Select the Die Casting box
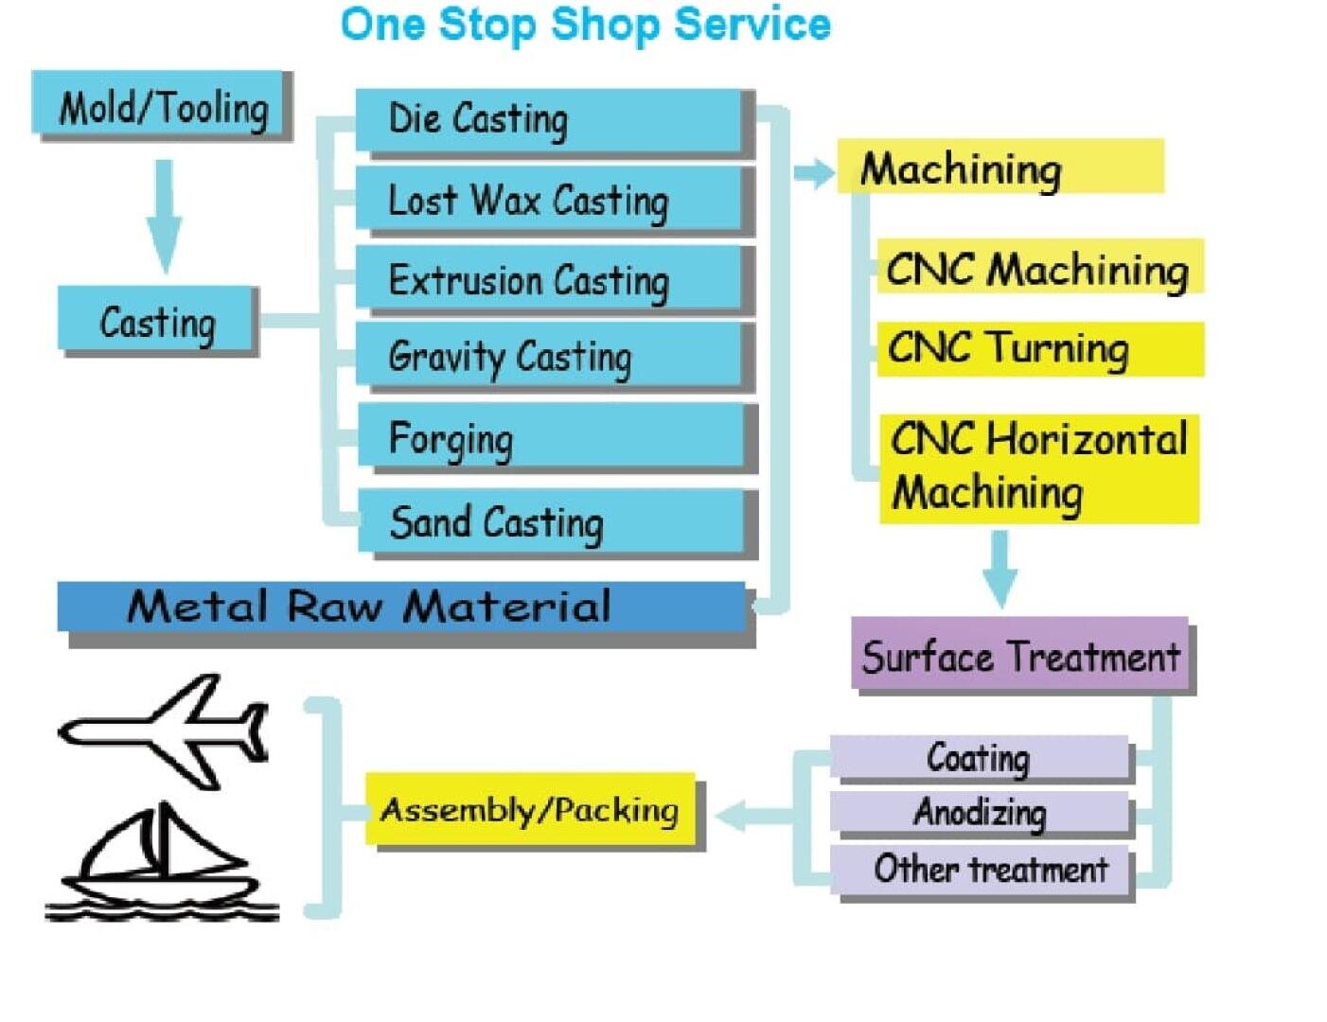(549, 119)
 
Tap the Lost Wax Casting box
(549, 200)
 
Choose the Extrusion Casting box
(549, 279)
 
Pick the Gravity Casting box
(549, 357)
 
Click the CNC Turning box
(1039, 348)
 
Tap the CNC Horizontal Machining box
(1038, 467)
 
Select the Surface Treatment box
(1019, 655)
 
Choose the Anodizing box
(980, 812)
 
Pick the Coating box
(980, 757)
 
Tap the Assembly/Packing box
(530, 810)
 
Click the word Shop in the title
(606, 25)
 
